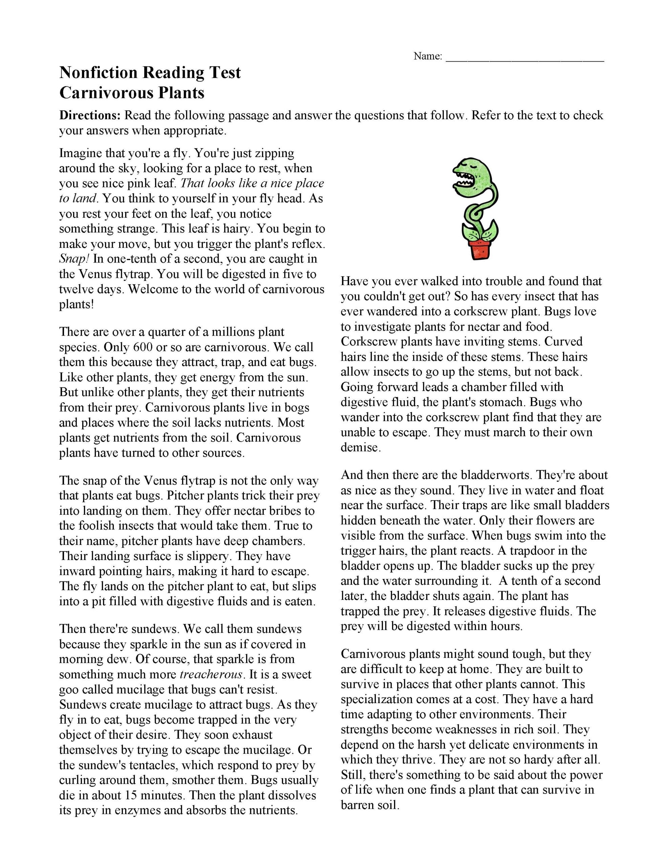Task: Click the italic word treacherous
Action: pos(211,674)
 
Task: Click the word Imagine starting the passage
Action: pos(81,153)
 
